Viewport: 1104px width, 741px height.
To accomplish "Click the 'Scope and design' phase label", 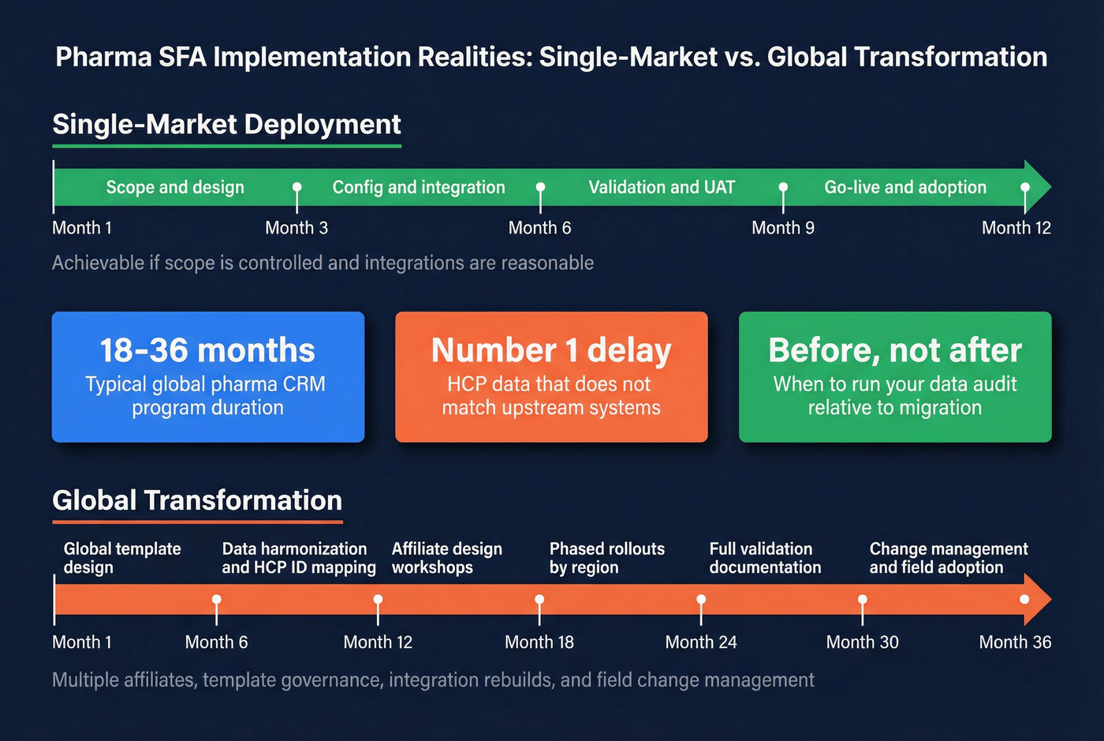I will click(x=175, y=187).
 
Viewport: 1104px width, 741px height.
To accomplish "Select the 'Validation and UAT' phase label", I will click(x=662, y=187).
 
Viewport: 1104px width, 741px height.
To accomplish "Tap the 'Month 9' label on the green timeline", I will click(x=782, y=228).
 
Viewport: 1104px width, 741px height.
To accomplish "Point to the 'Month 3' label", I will click(x=297, y=228).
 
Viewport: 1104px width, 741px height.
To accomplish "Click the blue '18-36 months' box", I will click(x=208, y=376).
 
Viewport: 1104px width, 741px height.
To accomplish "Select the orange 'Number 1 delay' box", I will click(x=551, y=376).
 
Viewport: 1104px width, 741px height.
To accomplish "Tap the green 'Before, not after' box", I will click(x=895, y=376).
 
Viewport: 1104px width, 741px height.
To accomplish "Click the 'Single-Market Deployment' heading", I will click(x=227, y=125).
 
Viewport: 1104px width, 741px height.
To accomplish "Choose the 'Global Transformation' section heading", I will click(x=197, y=500).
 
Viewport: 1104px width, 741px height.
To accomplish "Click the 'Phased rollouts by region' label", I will click(x=606, y=558).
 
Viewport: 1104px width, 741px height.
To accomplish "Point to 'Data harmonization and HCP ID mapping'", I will click(x=298, y=558).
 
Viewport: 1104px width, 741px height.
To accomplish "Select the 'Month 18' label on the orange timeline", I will click(x=539, y=642).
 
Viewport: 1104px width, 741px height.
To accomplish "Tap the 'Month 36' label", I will click(x=1015, y=642).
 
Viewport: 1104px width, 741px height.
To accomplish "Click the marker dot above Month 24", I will click(x=701, y=600).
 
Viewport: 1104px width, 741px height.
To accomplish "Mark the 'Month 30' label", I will click(x=862, y=642).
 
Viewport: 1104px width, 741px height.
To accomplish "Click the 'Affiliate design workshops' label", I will click(x=446, y=558).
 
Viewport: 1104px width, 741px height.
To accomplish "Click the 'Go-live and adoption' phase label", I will click(x=905, y=187).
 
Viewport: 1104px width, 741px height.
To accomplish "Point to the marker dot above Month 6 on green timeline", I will click(x=540, y=188).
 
